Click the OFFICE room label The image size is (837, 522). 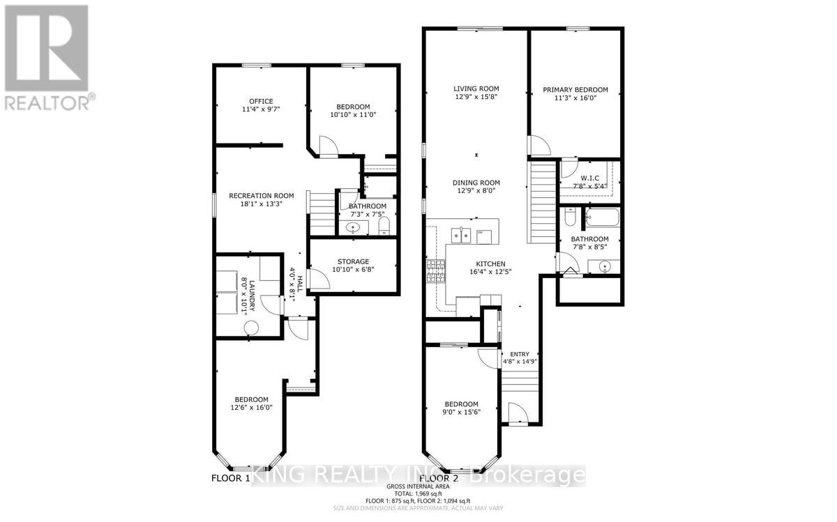pyautogui.click(x=261, y=101)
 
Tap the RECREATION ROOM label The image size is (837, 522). pyautogui.click(x=261, y=196)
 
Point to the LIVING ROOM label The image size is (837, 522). pyautogui.click(x=476, y=89)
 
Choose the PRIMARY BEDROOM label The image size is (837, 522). pyautogui.click(x=575, y=89)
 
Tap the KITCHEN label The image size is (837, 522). pyautogui.click(x=490, y=264)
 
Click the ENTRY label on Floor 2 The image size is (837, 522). pyautogui.click(x=520, y=354)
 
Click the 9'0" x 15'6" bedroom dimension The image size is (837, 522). pyautogui.click(x=461, y=413)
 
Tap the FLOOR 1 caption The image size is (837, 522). pyautogui.click(x=231, y=479)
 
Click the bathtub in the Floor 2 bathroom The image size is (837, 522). pyautogui.click(x=601, y=220)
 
